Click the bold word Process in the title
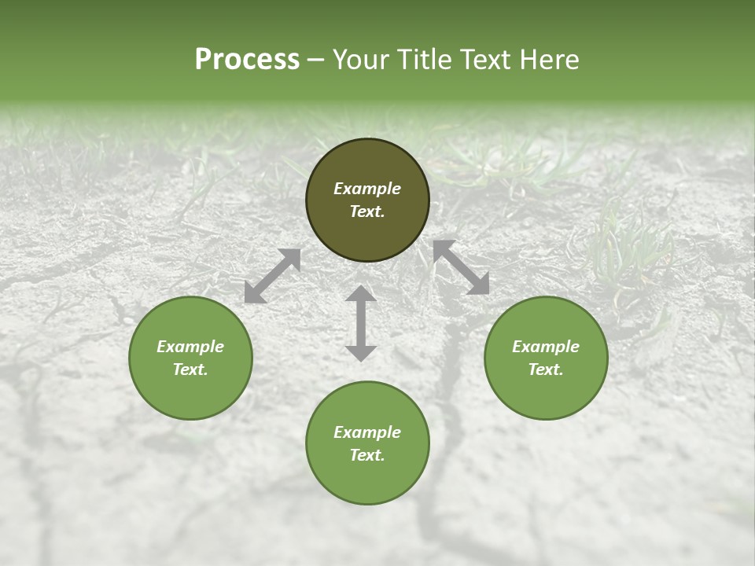[247, 60]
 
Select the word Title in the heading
[423, 60]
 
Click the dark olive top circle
[367, 165]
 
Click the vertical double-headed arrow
[361, 323]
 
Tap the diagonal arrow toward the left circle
[272, 276]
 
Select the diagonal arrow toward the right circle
[461, 267]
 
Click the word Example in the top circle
[367, 189]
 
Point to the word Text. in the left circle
[190, 369]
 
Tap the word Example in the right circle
[546, 347]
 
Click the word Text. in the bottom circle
[367, 455]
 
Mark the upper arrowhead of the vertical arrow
[361, 296]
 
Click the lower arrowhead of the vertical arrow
[361, 351]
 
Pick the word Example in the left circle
[190, 347]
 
